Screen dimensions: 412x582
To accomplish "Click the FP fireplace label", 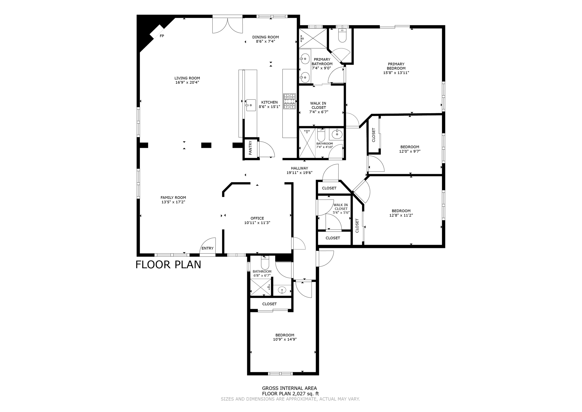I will pos(162,36).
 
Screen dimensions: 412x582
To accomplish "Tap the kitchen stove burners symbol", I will pos(289,102).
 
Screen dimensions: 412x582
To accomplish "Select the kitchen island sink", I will pos(251,105).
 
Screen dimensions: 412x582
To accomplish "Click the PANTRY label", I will pos(250,148).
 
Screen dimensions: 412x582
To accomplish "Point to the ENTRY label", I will pos(207,248).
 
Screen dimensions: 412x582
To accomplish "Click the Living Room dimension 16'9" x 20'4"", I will pos(187,82).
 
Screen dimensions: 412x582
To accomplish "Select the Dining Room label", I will pos(265,37).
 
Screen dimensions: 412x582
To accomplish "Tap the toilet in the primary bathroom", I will pos(342,36).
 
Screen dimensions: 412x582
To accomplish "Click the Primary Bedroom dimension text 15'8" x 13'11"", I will pos(396,73).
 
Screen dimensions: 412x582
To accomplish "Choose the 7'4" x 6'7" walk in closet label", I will pos(318,107).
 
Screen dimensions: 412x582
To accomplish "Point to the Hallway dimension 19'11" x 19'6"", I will pos(299,173).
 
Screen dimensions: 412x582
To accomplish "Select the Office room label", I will pos(257,218).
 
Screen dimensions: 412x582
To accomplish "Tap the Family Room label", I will pos(173,198).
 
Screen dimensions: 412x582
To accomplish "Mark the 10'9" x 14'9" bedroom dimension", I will pos(284,339).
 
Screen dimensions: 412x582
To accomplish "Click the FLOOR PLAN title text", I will pos(168,264).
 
